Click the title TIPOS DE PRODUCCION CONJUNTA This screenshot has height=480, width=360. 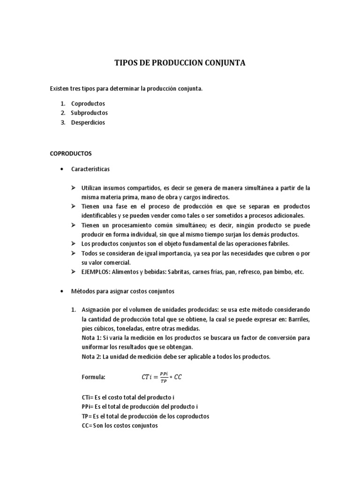180,63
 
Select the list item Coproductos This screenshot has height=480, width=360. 88,104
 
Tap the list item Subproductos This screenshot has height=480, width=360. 89,113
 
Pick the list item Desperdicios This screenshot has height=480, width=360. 88,122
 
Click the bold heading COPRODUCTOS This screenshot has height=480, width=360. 71,153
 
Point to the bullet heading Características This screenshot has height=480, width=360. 90,168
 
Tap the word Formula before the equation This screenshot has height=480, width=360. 93,376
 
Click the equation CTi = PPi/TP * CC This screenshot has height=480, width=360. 161,376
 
